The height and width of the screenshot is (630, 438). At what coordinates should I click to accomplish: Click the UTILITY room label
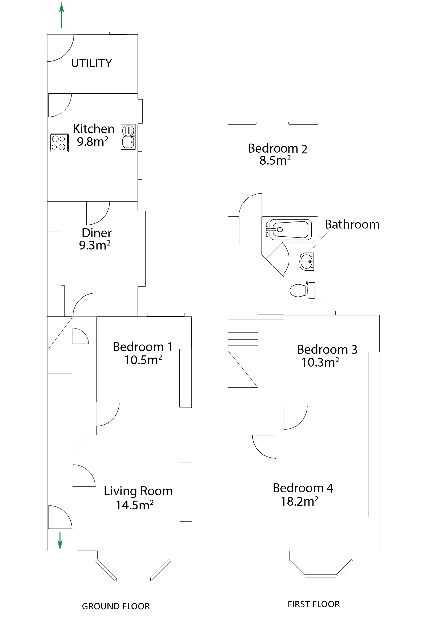point(91,63)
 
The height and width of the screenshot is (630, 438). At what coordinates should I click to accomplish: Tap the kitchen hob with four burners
point(59,143)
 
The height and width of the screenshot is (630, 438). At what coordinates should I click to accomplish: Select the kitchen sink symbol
point(128,137)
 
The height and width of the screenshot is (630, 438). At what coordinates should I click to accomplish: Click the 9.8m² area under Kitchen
point(92,142)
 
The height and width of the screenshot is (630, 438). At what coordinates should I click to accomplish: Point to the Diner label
point(97,233)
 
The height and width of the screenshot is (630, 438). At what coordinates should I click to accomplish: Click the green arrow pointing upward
point(62,15)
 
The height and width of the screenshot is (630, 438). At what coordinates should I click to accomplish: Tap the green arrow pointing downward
point(60,541)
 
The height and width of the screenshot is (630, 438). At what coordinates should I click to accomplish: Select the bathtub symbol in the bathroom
point(290,229)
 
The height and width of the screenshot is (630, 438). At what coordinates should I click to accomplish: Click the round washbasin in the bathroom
point(307,261)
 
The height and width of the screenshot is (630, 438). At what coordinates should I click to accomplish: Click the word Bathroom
point(352,224)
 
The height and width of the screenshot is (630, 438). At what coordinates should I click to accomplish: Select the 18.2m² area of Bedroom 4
point(299,502)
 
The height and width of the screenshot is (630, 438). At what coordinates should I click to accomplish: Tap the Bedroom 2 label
point(277,149)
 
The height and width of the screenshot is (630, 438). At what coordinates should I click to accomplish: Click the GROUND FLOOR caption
point(116,606)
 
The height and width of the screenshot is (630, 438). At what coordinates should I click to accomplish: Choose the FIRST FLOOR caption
point(314,604)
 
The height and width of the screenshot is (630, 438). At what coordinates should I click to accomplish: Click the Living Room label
point(138,491)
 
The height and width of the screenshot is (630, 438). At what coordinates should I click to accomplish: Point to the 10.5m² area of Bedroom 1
point(143,360)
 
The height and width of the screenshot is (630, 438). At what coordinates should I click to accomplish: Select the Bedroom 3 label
point(327,350)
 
